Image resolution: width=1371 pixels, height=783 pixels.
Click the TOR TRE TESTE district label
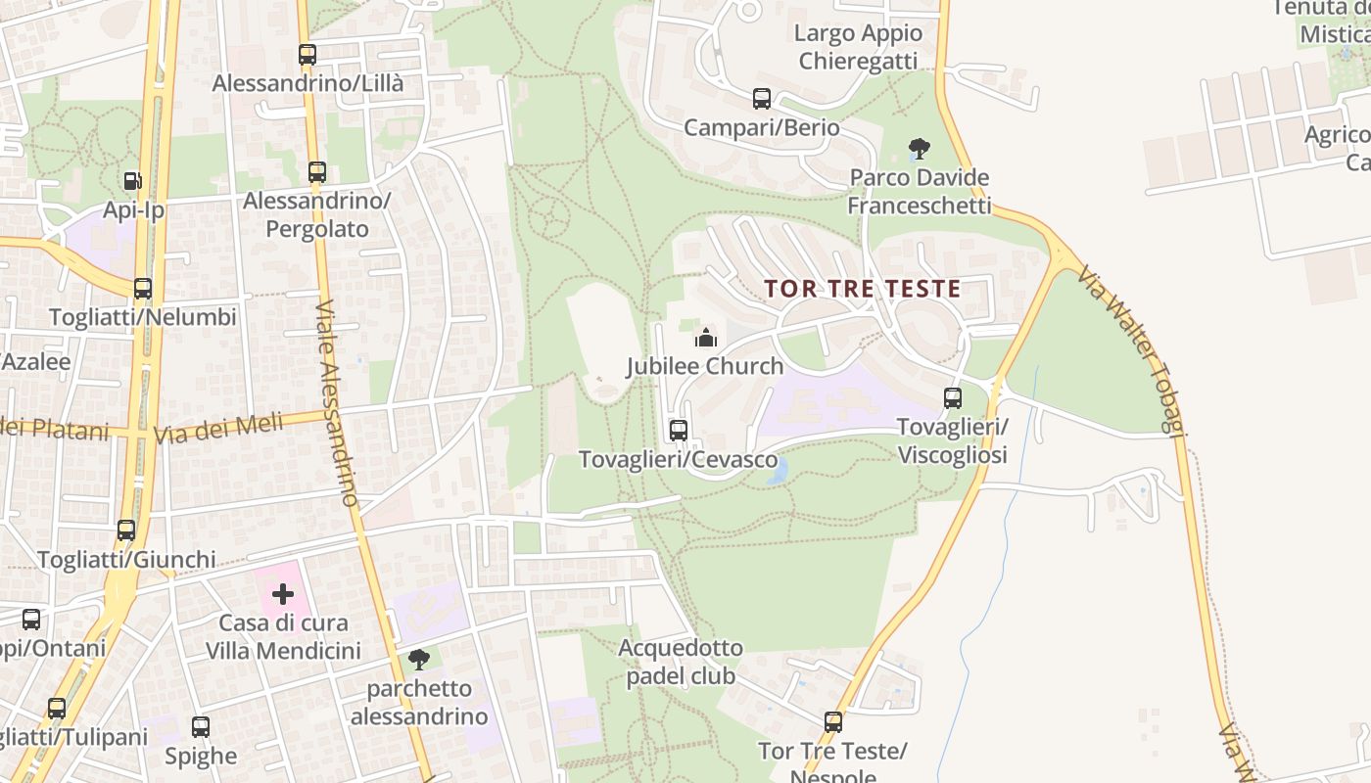click(x=862, y=289)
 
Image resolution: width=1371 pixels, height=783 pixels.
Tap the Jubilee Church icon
click(x=705, y=339)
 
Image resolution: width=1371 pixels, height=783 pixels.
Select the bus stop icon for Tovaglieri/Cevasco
click(x=678, y=430)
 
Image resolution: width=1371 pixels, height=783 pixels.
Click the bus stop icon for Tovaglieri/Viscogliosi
click(x=952, y=398)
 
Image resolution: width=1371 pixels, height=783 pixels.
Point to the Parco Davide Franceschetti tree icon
click(x=919, y=149)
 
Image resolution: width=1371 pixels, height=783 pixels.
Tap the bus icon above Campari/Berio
click(x=761, y=99)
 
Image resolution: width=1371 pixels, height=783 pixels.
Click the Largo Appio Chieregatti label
click(x=859, y=47)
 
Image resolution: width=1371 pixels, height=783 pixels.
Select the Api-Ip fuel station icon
click(x=132, y=181)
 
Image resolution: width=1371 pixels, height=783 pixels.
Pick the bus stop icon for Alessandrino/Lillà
click(x=307, y=55)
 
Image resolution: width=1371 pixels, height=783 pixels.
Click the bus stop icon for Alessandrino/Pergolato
click(x=316, y=172)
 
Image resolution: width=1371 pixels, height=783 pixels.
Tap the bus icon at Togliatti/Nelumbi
click(x=143, y=289)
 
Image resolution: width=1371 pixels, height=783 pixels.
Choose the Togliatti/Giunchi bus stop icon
click(x=126, y=530)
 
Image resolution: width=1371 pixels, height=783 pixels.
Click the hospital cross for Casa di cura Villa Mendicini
click(x=283, y=594)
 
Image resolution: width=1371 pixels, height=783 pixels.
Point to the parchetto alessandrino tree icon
click(x=419, y=660)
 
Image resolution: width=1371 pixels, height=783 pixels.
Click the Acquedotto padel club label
click(x=681, y=662)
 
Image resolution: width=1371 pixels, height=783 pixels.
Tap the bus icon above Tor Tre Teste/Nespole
click(x=833, y=722)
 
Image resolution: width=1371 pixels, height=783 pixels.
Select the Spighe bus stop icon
click(x=201, y=727)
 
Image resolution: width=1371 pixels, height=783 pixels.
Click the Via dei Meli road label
click(x=218, y=428)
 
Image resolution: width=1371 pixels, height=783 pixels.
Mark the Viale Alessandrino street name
click(x=337, y=401)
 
